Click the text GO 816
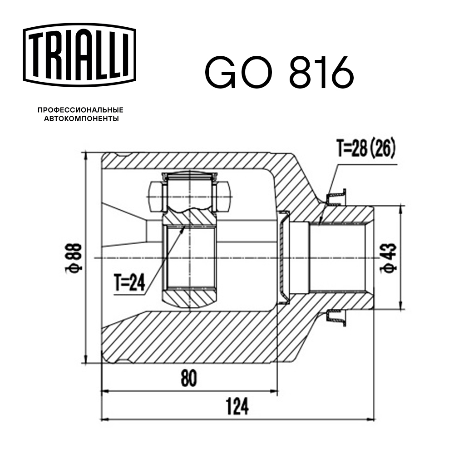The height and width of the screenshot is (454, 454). pyautogui.click(x=279, y=72)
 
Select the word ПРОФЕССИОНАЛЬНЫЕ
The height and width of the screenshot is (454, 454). pyautogui.click(x=81, y=110)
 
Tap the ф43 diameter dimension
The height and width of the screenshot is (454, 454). pyautogui.click(x=390, y=257)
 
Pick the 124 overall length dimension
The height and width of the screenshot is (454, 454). pyautogui.click(x=237, y=406)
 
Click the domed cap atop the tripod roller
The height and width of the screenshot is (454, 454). pyautogui.click(x=190, y=176)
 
